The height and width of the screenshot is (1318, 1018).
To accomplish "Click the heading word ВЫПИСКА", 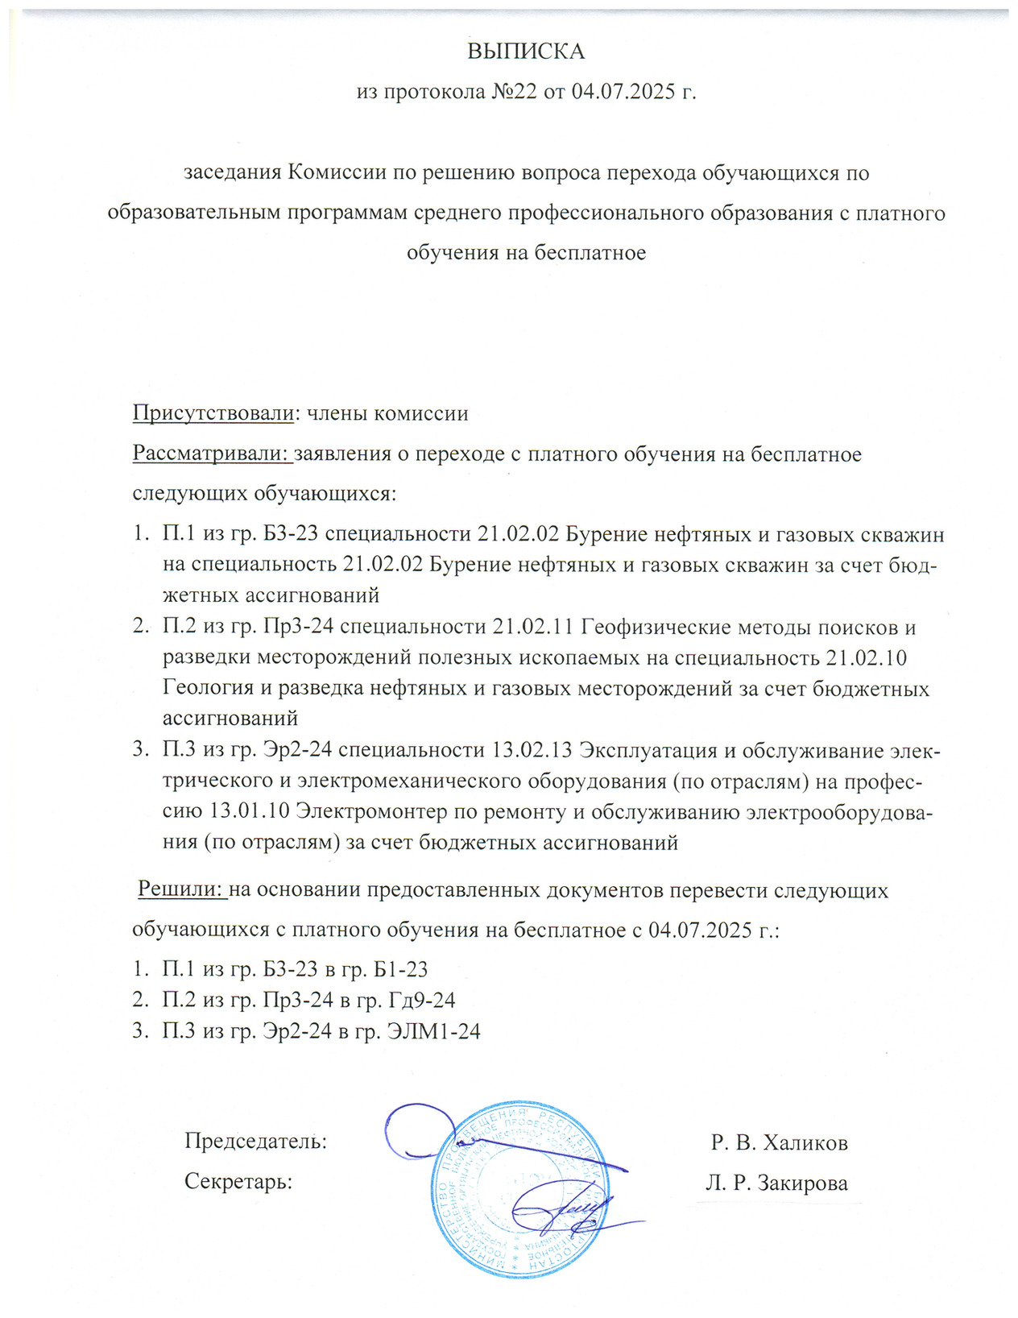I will click(526, 52).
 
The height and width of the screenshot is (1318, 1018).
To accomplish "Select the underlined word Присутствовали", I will click(212, 414).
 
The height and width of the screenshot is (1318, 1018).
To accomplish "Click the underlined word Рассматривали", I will click(212, 454).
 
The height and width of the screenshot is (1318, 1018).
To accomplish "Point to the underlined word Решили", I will click(180, 889).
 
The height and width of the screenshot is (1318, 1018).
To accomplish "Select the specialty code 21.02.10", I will click(867, 658).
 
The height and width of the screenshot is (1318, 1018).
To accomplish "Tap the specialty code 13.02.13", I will click(532, 751).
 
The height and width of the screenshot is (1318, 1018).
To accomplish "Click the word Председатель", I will click(255, 1142).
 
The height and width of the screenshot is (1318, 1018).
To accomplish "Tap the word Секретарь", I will click(238, 1182).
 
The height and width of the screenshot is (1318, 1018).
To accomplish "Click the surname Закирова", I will click(805, 1183).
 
